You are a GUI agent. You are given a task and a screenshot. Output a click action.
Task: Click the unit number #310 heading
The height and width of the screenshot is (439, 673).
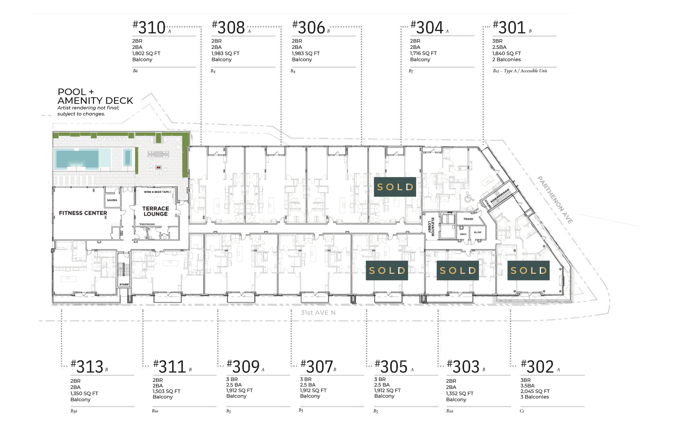(149, 27)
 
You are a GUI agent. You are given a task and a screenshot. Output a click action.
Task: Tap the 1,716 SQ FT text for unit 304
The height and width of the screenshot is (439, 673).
(423, 53)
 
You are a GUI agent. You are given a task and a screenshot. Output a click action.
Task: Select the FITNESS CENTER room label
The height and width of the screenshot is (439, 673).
(83, 213)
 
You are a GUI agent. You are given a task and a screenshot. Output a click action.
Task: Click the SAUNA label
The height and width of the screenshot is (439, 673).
(112, 200)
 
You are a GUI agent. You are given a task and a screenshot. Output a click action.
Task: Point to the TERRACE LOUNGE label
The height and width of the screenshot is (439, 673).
(156, 211)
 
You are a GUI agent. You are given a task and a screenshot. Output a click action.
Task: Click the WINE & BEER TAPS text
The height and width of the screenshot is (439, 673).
(156, 192)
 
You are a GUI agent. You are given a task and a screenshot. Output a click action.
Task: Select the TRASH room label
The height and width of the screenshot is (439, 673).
(468, 219)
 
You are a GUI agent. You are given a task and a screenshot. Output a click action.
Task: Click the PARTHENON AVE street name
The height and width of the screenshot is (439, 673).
(555, 200)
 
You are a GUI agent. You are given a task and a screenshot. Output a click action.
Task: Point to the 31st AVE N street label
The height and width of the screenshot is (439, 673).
(318, 312)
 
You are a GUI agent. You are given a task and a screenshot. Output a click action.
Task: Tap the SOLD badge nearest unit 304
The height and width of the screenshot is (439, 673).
(395, 187)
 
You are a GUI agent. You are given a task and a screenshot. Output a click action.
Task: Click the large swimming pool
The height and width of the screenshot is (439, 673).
(82, 159)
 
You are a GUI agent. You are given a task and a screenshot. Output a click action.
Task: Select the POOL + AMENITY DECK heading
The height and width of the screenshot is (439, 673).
(95, 96)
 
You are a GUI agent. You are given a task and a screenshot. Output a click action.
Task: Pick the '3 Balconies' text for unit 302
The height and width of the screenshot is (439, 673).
(534, 397)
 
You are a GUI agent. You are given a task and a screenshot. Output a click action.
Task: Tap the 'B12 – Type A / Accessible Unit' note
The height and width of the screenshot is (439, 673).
(520, 71)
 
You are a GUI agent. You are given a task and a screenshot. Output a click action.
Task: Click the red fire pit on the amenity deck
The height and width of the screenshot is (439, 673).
(158, 167)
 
